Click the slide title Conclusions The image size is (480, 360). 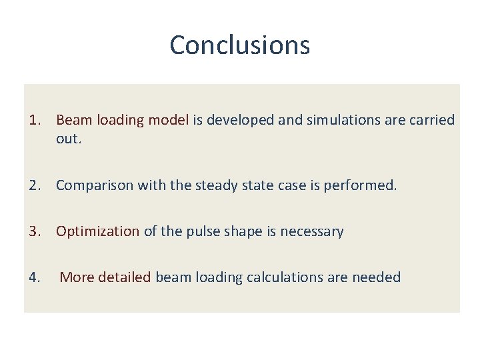[x=239, y=45]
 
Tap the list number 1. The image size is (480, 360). [x=35, y=120]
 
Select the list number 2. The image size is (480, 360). [x=35, y=185]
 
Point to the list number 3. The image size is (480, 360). [x=35, y=231]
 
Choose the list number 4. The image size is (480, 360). [x=35, y=277]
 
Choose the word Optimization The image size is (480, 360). [x=97, y=231]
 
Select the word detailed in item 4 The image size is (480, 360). [x=125, y=277]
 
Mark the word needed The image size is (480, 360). [x=377, y=277]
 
